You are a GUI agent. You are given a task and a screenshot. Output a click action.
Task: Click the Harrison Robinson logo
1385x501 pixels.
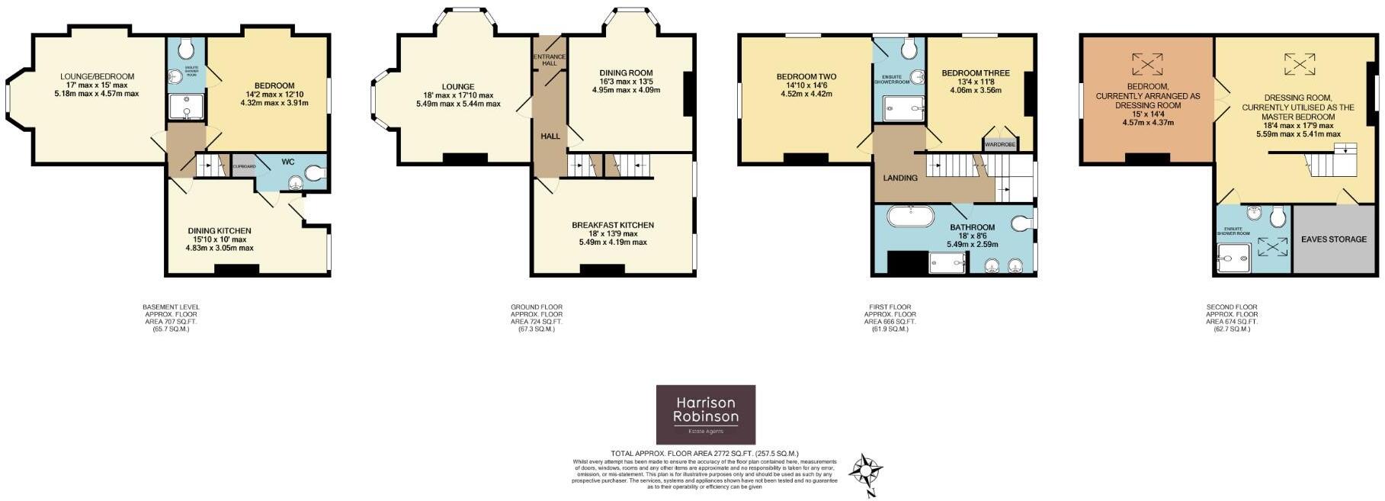pyautogui.click(x=705, y=414)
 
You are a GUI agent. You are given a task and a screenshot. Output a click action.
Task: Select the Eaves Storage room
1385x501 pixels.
pyautogui.click(x=1333, y=239)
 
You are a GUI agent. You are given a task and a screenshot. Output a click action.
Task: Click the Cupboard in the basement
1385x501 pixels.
pyautogui.click(x=244, y=166)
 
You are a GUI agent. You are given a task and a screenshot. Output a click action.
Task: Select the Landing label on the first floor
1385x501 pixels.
pyautogui.click(x=899, y=178)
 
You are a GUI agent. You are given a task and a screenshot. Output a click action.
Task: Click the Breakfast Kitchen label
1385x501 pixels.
pyautogui.click(x=612, y=225)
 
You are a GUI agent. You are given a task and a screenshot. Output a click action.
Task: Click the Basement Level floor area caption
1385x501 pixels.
pyautogui.click(x=171, y=318)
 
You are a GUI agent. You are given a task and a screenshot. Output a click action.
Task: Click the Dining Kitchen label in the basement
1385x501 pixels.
pyautogui.click(x=220, y=230)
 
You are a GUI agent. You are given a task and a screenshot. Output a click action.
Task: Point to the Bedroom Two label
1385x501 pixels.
pyautogui.click(x=806, y=77)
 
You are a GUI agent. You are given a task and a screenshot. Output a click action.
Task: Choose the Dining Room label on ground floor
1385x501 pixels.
pyautogui.click(x=625, y=73)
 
